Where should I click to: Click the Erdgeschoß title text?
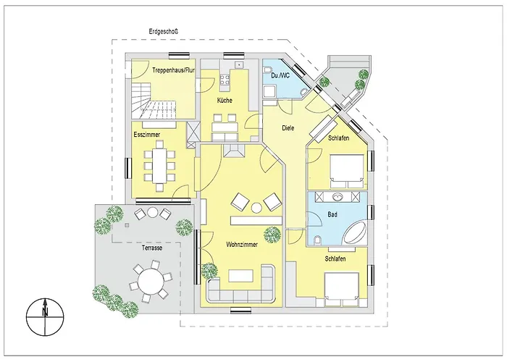click(164, 32)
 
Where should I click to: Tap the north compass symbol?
click(45, 317)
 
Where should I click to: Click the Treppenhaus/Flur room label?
click(173, 70)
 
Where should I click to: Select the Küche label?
click(225, 101)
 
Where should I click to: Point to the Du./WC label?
click(280, 75)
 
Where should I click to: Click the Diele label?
click(288, 128)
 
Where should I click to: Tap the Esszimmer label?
click(147, 135)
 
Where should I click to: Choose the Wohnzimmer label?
click(242, 245)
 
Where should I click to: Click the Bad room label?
click(332, 214)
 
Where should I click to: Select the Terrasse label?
click(151, 248)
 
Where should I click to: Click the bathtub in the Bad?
click(355, 232)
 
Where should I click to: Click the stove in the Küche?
click(225, 78)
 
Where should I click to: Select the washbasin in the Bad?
click(338, 196)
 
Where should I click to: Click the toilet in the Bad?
click(317, 240)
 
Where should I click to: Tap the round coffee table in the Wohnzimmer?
click(256, 208)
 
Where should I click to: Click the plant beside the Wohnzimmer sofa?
click(209, 271)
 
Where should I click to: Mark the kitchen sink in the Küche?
click(239, 64)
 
